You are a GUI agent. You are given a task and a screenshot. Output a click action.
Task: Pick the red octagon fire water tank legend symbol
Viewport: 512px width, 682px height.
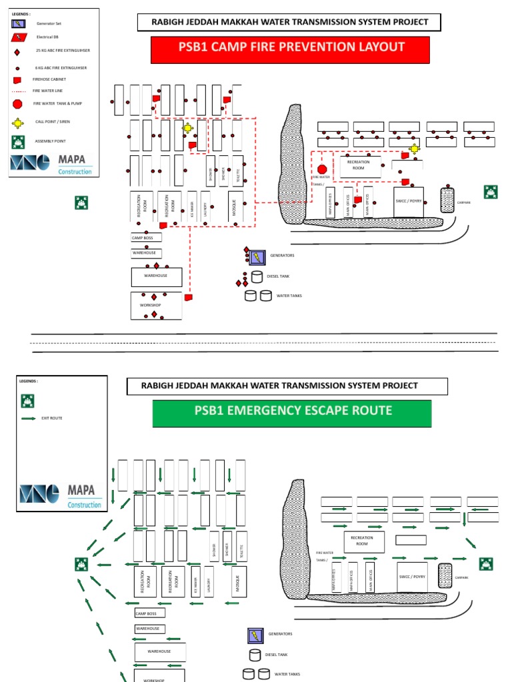click(18, 103)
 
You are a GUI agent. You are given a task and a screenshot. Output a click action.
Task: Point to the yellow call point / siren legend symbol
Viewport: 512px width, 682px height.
click(18, 123)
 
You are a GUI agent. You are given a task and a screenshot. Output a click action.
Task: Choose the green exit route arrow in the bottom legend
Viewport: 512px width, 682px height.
click(29, 419)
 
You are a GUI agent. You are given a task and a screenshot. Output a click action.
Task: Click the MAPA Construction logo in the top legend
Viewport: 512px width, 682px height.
click(51, 165)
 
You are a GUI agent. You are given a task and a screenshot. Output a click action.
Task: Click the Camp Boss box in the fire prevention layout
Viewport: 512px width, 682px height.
click(146, 238)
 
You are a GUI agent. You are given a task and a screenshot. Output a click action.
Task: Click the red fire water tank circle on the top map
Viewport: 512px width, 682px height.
click(322, 169)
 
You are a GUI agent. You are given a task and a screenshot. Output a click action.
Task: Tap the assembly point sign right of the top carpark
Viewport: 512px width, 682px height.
click(491, 194)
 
